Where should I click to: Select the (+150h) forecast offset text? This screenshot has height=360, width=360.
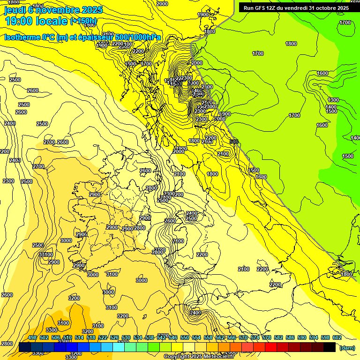click(83, 21)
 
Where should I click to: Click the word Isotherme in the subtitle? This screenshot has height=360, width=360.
click(22, 37)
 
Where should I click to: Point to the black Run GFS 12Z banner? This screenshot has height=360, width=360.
click(296, 7)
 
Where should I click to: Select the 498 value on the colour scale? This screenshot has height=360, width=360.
click(32, 337)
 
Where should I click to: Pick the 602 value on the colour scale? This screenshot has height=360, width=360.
click(337, 337)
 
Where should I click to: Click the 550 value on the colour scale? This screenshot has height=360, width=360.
click(185, 337)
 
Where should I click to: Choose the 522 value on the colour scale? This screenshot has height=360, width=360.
click(103, 337)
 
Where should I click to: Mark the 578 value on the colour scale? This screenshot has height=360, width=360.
click(266, 337)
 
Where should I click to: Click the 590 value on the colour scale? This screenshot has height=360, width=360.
click(301, 337)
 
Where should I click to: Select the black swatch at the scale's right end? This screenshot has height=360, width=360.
click(330, 347)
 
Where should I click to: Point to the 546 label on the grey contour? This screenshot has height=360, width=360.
click(234, 142)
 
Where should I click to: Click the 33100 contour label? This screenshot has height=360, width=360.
click(45, 255)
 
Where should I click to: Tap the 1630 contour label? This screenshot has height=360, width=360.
click(261, 177)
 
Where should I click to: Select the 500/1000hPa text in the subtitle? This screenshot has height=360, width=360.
click(138, 37)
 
